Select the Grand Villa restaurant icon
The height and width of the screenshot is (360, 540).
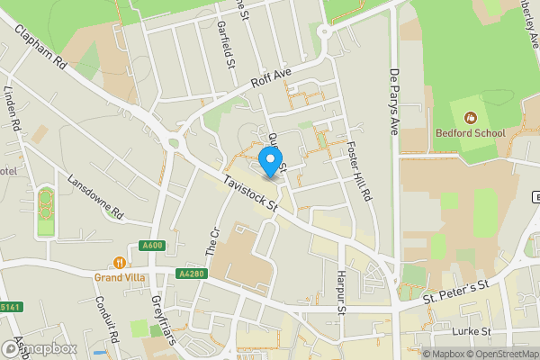[x=119, y=262]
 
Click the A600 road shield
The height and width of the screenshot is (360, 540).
[x=151, y=245]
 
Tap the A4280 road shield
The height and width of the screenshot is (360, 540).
[x=191, y=274]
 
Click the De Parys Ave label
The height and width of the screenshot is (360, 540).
[x=393, y=101]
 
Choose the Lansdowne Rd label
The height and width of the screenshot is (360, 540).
[x=94, y=196]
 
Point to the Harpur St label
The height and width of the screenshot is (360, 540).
[x=340, y=292]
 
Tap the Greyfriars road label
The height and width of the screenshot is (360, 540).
[x=163, y=319]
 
